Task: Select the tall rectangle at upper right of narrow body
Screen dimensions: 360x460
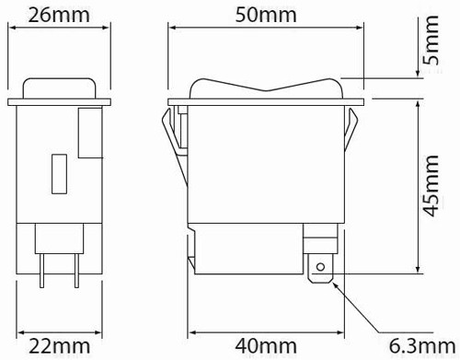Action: pyautogui.click(x=88, y=133)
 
